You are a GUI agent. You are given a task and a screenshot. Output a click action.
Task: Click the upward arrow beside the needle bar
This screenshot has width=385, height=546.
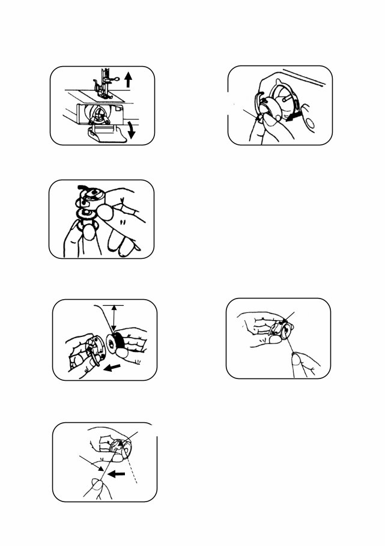[127, 79]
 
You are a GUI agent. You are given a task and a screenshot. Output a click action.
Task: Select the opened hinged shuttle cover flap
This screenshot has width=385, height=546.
[107, 133]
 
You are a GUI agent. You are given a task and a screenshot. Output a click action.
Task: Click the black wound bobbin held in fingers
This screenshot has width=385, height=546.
[121, 345]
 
